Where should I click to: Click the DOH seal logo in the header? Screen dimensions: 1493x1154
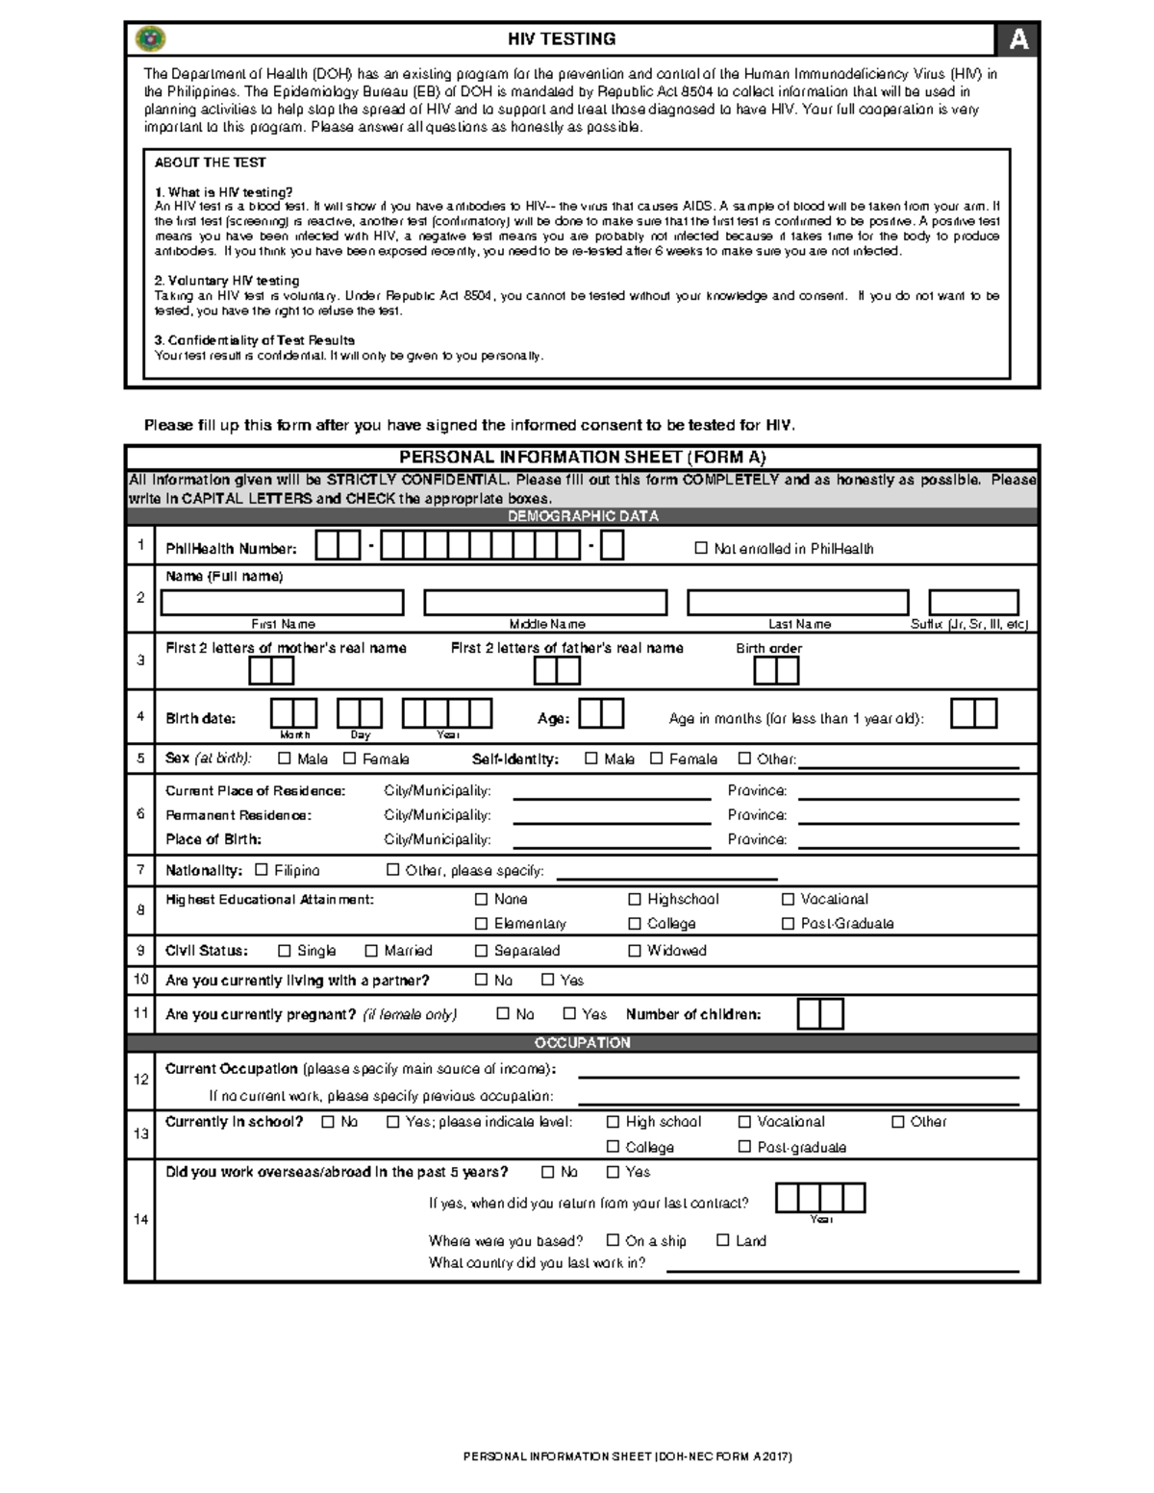click(151, 38)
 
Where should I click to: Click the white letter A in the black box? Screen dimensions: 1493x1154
click(1017, 39)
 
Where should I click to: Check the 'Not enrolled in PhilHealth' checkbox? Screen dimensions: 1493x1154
click(701, 548)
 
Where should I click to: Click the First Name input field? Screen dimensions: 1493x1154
click(282, 603)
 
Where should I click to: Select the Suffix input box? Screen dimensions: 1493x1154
click(973, 603)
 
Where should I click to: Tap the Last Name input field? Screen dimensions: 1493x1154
click(797, 603)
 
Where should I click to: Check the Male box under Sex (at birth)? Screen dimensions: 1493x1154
click(285, 759)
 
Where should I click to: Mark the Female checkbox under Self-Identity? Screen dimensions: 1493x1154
click(657, 759)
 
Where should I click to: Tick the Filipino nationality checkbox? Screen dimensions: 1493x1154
click(262, 870)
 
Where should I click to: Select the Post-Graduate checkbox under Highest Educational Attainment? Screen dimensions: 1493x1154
click(789, 924)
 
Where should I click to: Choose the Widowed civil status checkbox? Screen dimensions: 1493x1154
click(635, 951)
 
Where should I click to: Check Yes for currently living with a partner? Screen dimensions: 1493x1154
click(548, 981)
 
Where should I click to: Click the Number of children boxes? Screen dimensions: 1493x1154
click(820, 1014)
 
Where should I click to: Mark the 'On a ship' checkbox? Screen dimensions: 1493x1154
click(613, 1241)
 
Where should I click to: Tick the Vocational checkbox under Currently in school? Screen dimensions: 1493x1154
click(744, 1122)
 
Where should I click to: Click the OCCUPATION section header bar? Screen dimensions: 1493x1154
click(582, 1043)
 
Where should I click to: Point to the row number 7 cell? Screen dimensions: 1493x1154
click(140, 870)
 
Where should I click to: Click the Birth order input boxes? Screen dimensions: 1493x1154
click(776, 670)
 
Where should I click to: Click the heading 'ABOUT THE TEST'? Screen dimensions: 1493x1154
click(210, 162)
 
